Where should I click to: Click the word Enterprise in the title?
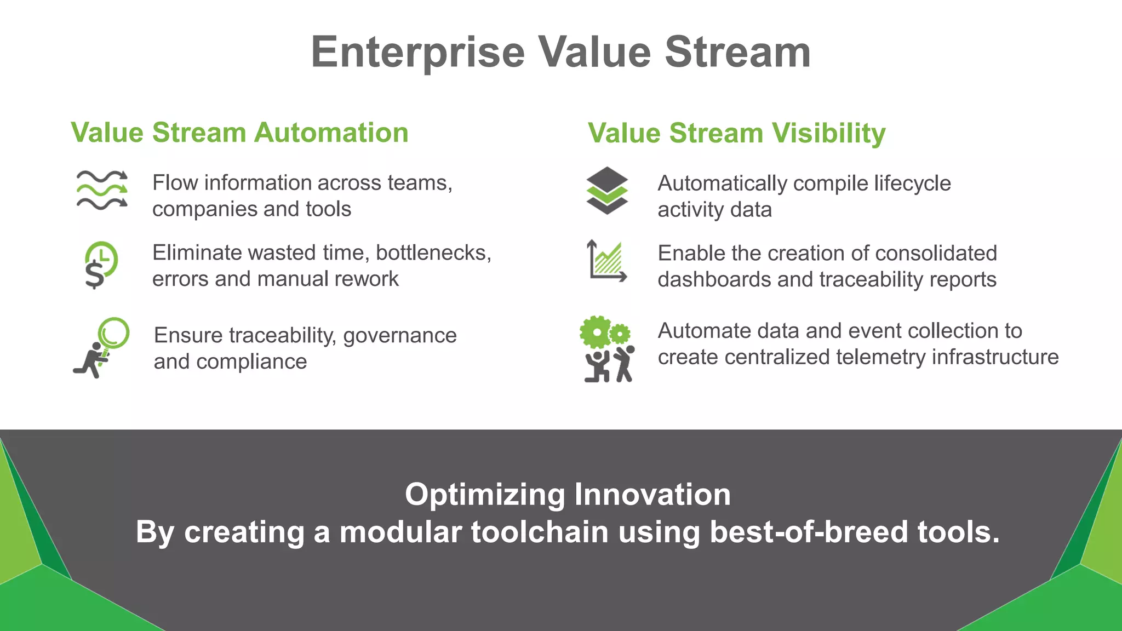[417, 53]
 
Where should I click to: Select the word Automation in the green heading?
[331, 133]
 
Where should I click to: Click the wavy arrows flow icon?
[102, 190]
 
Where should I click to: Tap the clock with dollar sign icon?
[101, 265]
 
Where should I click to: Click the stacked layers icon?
[606, 190]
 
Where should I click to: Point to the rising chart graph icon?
[606, 261]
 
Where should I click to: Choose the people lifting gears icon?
[607, 349]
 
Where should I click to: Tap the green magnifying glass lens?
[114, 332]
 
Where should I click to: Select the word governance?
[399, 335]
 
